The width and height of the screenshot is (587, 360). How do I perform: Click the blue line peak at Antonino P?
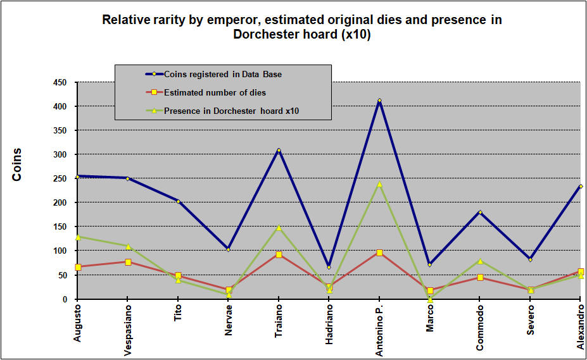pyautogui.click(x=379, y=100)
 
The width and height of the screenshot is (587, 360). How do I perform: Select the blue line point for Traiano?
pyautogui.click(x=279, y=151)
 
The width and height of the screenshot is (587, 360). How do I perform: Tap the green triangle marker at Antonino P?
pyautogui.click(x=379, y=184)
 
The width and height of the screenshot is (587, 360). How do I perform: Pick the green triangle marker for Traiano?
pyautogui.click(x=279, y=227)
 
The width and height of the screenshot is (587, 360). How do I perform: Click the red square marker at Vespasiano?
pyautogui.click(x=128, y=262)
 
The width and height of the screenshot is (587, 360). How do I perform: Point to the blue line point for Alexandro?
pyautogui.click(x=581, y=186)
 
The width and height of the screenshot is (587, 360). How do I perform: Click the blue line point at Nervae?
pyautogui.click(x=229, y=249)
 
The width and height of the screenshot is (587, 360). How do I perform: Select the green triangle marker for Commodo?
pyautogui.click(x=480, y=261)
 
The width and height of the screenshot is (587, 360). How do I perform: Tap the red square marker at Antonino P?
pyautogui.click(x=379, y=252)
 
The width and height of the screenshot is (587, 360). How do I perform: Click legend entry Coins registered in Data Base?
pyautogui.click(x=223, y=74)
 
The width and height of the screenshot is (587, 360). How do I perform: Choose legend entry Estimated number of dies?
pyautogui.click(x=215, y=92)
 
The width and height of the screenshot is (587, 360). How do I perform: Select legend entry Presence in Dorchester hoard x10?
pyautogui.click(x=231, y=111)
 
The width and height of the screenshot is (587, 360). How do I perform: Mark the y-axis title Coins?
pyautogui.click(x=17, y=164)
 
